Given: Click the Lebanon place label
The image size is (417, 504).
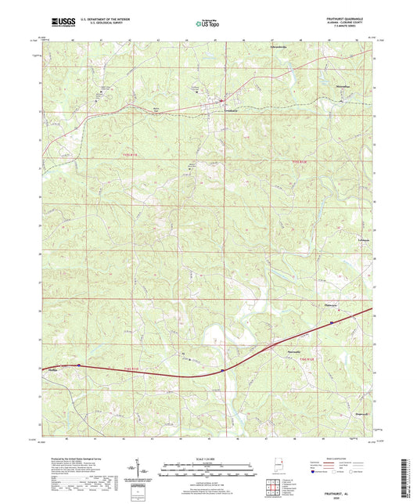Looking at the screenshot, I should [340, 241].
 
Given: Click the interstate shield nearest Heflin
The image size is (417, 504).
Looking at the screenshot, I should [79, 365].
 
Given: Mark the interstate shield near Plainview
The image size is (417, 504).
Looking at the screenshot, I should [332, 320].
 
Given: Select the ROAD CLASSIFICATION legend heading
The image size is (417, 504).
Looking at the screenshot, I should [352, 457].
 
